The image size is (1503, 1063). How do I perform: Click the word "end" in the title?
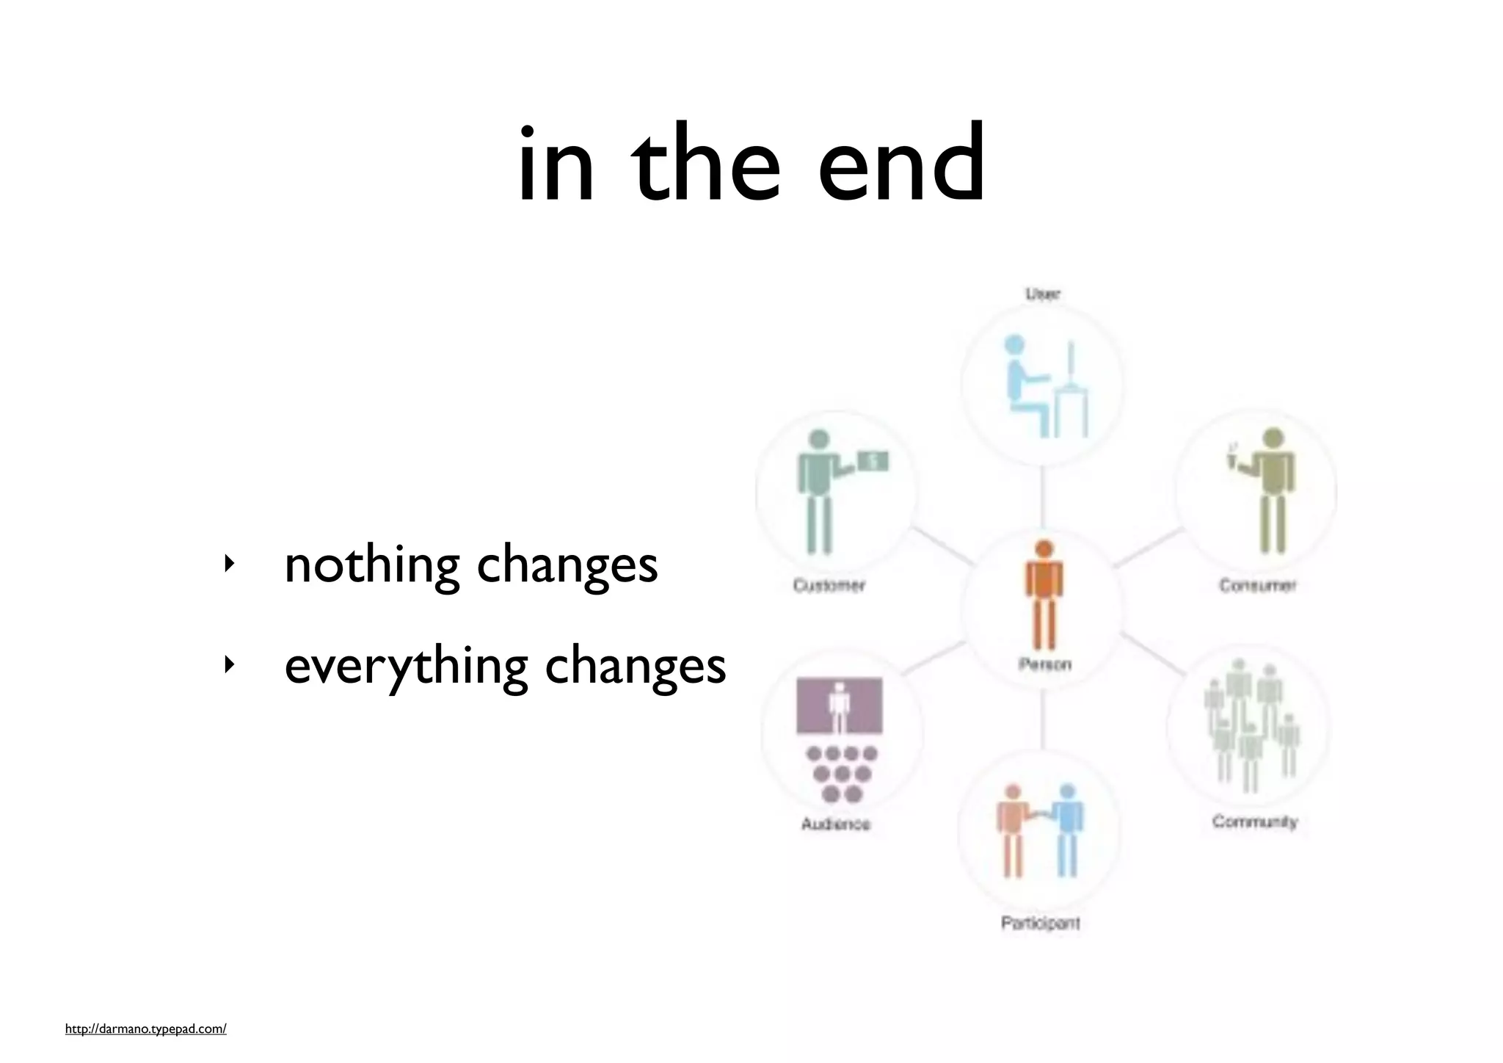pyautogui.click(x=901, y=164)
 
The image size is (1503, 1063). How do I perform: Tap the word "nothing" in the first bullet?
pyautogui.click(x=371, y=565)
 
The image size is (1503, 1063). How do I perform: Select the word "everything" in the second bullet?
pyautogui.click(x=406, y=667)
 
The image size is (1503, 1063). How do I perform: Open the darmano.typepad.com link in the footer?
pyautogui.click(x=145, y=1029)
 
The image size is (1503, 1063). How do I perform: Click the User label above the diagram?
pyautogui.click(x=1042, y=294)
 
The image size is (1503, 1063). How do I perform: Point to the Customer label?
pyautogui.click(x=829, y=585)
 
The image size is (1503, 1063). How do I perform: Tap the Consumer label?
pyautogui.click(x=1257, y=585)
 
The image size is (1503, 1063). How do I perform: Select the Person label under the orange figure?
pyautogui.click(x=1044, y=664)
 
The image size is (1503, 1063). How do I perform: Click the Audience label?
pyautogui.click(x=835, y=824)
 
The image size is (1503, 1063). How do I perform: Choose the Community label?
pyautogui.click(x=1254, y=821)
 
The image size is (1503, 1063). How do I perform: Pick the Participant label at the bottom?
pyautogui.click(x=1040, y=923)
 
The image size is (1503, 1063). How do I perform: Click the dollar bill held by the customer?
pyautogui.click(x=873, y=461)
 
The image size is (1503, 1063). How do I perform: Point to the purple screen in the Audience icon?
pyautogui.click(x=840, y=705)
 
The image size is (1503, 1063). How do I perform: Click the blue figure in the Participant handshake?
pyautogui.click(x=1067, y=830)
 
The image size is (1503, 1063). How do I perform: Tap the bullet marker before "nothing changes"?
pyautogui.click(x=230, y=564)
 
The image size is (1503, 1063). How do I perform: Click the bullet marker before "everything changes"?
pyautogui.click(x=230, y=665)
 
